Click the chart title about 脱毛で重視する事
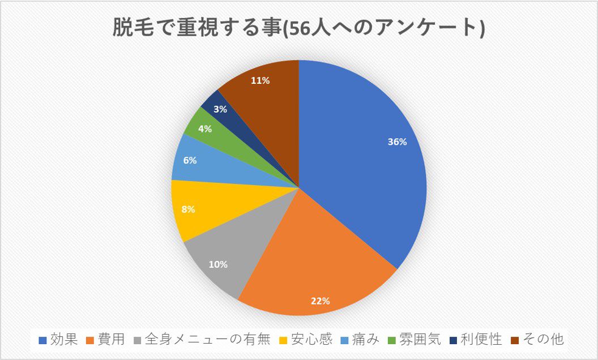pos(298,27)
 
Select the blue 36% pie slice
pos(362,164)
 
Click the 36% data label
pos(397,142)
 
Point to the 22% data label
pos(320,301)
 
